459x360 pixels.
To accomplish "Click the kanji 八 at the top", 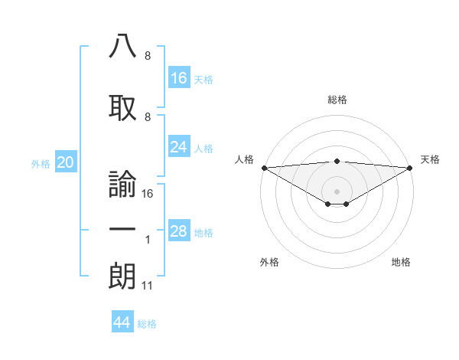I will [x=122, y=47].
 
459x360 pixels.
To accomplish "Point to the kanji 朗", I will [x=122, y=277].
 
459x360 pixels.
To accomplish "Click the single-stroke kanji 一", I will [x=122, y=231].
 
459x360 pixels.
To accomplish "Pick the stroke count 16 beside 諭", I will [x=148, y=194].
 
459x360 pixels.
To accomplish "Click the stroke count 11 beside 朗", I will [x=148, y=286].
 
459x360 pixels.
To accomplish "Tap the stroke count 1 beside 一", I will [x=148, y=240].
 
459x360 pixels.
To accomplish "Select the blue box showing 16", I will [x=179, y=77].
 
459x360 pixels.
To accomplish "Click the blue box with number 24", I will [x=179, y=146].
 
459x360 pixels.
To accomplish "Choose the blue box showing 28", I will [x=179, y=231].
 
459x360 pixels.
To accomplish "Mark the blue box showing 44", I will [x=122, y=322].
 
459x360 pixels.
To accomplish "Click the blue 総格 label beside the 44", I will [x=147, y=324].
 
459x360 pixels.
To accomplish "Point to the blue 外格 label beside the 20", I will [x=41, y=163].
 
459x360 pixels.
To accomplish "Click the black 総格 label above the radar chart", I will [x=337, y=100].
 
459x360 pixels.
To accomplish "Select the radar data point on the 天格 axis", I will [x=410, y=168].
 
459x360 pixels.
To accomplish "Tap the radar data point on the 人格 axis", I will [x=264, y=168].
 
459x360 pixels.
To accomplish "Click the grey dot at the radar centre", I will [x=337, y=191].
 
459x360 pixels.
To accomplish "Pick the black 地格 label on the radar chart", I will [x=401, y=262].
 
